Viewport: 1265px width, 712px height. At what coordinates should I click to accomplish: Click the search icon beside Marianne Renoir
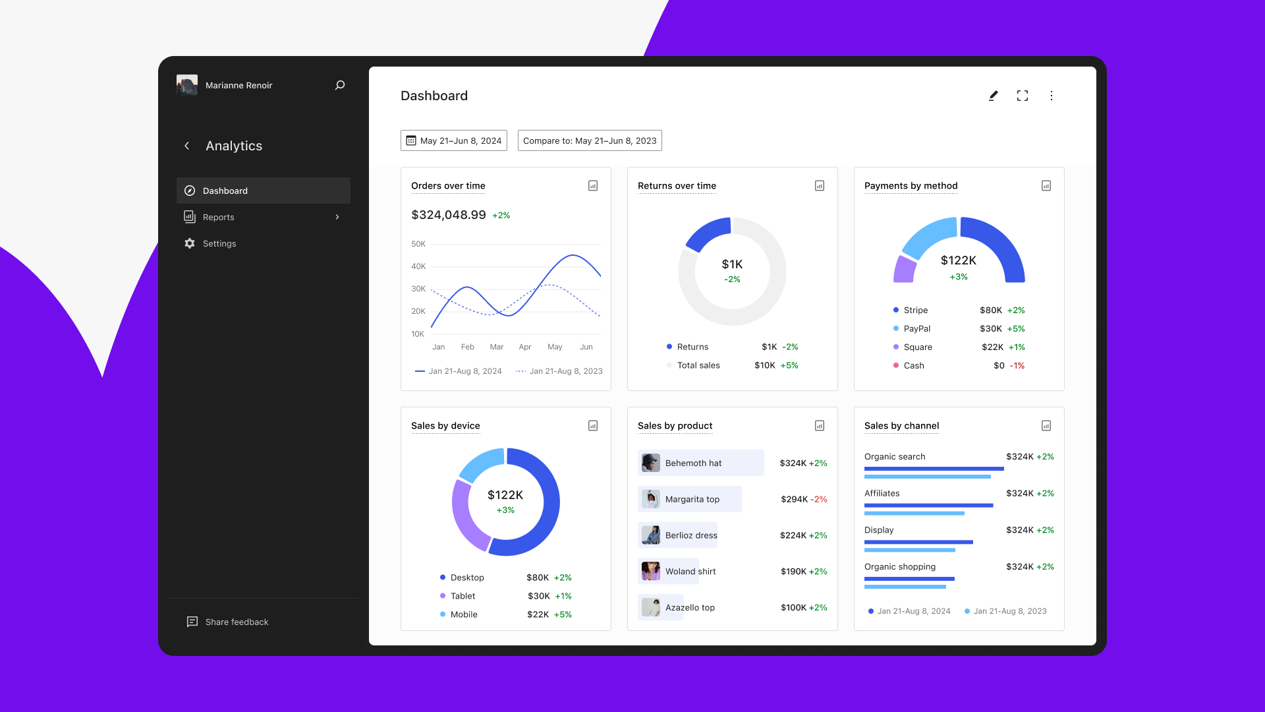[340, 85]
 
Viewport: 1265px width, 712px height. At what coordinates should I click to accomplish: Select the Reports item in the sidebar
[219, 217]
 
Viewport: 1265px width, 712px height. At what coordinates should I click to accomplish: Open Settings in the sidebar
[219, 243]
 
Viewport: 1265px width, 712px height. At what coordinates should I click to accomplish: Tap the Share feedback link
[236, 622]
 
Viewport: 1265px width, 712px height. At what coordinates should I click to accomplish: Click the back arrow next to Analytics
[187, 146]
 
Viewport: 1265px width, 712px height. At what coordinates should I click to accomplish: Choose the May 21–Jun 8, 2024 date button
[454, 140]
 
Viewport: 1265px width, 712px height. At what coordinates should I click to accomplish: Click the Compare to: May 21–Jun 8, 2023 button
[590, 140]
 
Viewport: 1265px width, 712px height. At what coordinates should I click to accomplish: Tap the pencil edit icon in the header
[994, 96]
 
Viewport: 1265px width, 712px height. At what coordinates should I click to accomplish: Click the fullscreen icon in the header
[1023, 96]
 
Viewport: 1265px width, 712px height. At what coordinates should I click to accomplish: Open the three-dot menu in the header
[1052, 96]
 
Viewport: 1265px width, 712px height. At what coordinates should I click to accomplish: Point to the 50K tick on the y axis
[418, 244]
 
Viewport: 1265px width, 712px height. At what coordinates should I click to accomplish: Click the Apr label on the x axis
[525, 347]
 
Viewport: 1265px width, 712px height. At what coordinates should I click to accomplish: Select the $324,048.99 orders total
[449, 215]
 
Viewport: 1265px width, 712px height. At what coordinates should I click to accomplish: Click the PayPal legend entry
[916, 328]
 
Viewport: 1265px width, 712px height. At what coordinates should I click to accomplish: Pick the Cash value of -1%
[1017, 365]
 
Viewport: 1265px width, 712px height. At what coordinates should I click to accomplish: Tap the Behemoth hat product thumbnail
[651, 463]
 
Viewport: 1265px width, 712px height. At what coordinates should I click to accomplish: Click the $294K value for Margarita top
[794, 499]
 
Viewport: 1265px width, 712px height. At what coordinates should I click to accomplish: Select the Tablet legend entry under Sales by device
[463, 596]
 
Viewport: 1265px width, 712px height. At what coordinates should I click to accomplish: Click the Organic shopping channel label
[900, 566]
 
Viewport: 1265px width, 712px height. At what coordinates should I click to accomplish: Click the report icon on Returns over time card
[820, 186]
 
